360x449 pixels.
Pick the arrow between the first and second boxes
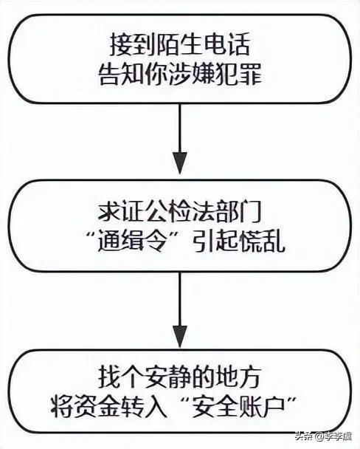point(180,140)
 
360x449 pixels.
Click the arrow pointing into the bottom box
point(180,310)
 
